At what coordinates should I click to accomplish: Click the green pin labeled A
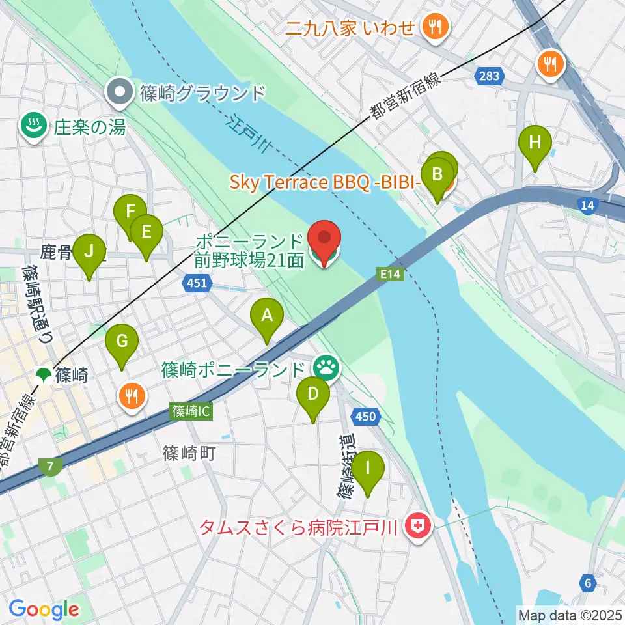coord(266,316)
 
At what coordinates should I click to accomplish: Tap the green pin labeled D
coord(313,395)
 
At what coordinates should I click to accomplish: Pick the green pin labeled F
coord(130,212)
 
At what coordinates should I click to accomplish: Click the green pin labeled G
coord(122,341)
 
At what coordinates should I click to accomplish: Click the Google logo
coord(44,610)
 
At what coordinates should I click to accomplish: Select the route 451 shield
coord(196,283)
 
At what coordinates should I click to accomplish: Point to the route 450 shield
coord(366,416)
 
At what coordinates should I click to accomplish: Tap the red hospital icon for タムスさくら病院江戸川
coord(417,525)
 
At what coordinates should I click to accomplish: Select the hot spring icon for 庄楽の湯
coord(31,126)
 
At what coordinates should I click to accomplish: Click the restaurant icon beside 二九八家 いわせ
coord(432,27)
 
